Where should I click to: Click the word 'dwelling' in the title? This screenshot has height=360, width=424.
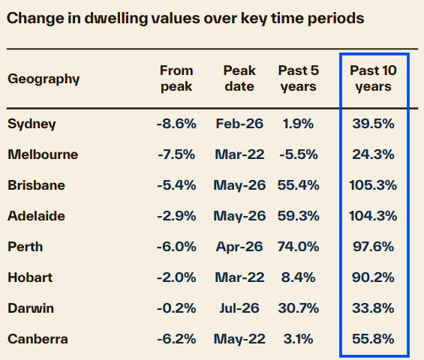pos(116,19)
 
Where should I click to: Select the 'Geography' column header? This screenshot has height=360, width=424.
pos(44,79)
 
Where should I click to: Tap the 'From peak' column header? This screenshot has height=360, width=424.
pos(176,79)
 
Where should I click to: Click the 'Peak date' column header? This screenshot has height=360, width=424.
pos(239,79)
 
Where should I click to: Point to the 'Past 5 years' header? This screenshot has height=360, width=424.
pos(299,79)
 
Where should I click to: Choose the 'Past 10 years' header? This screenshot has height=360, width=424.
pos(373,79)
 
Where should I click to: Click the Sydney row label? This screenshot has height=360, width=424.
pos(32,124)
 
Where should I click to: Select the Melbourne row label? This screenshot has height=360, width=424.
pos(43,154)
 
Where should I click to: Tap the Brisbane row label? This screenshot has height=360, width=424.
pos(36,185)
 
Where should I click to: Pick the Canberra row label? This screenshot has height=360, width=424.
pos(38,339)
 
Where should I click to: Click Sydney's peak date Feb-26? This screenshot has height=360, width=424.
pos(239,124)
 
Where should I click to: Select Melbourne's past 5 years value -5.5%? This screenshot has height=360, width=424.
pos(299,154)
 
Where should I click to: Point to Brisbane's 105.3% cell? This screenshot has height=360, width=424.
pos(373,185)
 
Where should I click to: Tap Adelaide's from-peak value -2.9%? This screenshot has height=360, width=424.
pos(176,216)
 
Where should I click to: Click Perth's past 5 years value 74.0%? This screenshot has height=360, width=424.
pos(298,247)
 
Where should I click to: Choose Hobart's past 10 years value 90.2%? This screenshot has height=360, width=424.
pos(373,277)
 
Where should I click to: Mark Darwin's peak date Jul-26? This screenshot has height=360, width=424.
pos(239,308)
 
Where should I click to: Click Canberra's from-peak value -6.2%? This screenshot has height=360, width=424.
pos(176,339)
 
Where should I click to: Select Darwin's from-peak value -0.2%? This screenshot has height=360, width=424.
pos(176,308)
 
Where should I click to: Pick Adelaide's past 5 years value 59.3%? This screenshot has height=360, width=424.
pos(298,216)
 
